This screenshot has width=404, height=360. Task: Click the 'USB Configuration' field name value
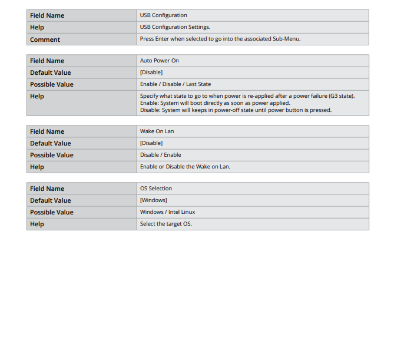click(x=163, y=15)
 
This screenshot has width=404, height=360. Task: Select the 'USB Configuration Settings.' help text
click(x=175, y=27)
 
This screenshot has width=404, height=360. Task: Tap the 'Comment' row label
click(x=45, y=39)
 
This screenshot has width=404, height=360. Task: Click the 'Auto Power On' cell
click(x=159, y=61)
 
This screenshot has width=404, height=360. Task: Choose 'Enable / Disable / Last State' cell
click(x=175, y=84)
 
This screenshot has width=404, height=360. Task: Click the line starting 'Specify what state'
click(x=247, y=95)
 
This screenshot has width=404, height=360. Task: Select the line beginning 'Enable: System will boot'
click(x=215, y=103)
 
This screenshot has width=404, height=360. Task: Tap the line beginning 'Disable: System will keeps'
click(x=236, y=110)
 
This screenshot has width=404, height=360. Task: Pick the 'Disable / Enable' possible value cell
click(x=160, y=155)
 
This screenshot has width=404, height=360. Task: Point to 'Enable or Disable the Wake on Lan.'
click(x=185, y=167)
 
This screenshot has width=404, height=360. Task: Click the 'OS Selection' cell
click(x=155, y=189)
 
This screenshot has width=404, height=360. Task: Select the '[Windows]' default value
click(x=153, y=200)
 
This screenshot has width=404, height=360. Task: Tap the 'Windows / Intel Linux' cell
click(x=167, y=212)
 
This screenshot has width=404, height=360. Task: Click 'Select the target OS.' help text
click(x=165, y=224)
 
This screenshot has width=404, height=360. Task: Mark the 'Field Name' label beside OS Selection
click(x=47, y=189)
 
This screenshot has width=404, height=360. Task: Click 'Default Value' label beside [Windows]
click(x=50, y=200)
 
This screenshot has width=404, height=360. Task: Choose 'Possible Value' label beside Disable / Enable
click(x=52, y=155)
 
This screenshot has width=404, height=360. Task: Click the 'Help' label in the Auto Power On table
click(x=37, y=96)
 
